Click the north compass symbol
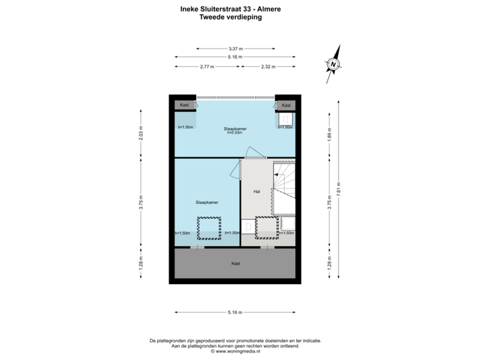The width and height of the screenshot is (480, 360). [332, 64]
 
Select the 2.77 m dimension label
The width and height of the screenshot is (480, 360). [207, 67]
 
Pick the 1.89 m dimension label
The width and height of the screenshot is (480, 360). [328, 135]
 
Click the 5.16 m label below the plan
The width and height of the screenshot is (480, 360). [235, 312]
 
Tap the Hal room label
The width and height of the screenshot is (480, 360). [257, 191]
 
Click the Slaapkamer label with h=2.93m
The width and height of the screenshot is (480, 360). [235, 129]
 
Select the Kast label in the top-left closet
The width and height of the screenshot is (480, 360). [185, 105]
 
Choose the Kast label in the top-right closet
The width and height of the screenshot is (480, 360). [286, 105]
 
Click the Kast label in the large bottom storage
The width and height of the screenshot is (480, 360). [235, 263]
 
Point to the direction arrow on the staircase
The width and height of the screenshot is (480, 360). [281, 175]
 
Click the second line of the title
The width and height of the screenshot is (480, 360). [231, 18]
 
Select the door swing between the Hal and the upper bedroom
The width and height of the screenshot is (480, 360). [253, 153]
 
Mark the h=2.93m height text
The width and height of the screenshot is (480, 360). [235, 133]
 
